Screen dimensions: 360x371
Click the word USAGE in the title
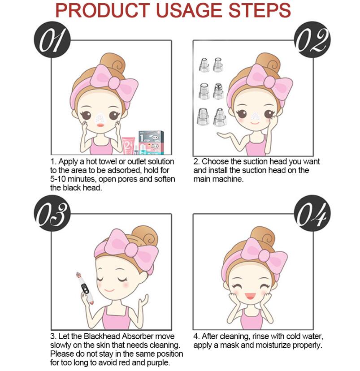(x=189, y=10)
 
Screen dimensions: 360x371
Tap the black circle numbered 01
(x=52, y=39)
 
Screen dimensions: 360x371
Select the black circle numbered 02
(x=312, y=39)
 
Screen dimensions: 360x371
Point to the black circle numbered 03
(x=52, y=213)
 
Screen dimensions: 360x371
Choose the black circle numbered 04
(x=312, y=213)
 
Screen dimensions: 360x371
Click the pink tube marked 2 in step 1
(x=128, y=145)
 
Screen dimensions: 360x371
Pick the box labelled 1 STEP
(x=151, y=142)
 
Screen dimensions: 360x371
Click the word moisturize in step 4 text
(x=273, y=345)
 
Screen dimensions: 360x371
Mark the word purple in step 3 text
(x=158, y=363)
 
